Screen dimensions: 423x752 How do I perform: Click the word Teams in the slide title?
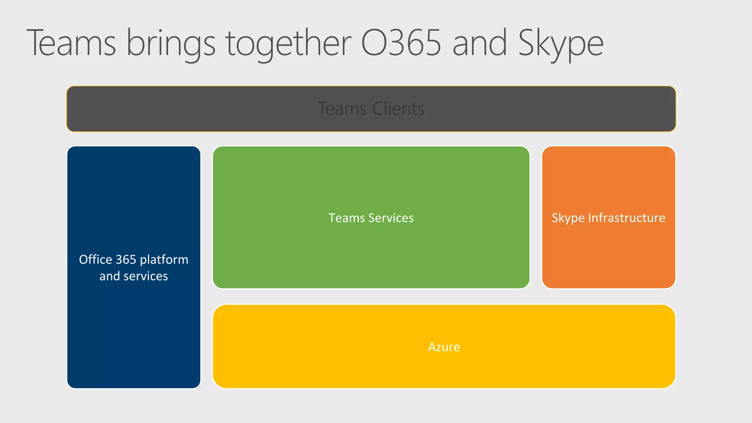pos(71,43)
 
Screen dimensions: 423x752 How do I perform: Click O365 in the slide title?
pos(401,43)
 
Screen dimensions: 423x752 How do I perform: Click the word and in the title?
pos(480,43)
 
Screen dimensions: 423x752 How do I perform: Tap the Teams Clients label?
pos(371,109)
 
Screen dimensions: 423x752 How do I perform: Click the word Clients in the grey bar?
pos(398,109)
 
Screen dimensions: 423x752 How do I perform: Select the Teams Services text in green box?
pos(371,218)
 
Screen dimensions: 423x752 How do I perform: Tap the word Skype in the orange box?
pos(568,218)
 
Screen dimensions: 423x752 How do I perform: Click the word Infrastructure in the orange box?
pos(626,218)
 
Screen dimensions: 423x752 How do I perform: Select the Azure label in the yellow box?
pos(444,347)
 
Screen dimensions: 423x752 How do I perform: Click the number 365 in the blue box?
pos(126,260)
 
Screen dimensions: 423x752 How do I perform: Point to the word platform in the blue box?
pos(164,260)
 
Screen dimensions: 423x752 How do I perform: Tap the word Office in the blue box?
pos(95,260)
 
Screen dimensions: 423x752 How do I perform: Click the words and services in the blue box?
pos(134,276)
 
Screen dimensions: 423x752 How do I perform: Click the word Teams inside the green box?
pos(347,218)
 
